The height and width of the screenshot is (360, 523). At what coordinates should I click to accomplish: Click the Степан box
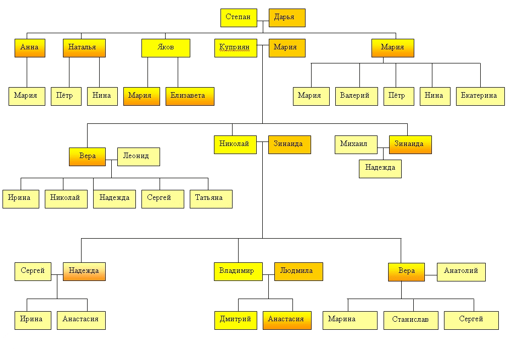[239, 18]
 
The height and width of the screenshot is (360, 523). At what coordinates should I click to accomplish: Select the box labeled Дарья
[286, 18]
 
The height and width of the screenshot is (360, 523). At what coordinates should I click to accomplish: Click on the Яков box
[166, 48]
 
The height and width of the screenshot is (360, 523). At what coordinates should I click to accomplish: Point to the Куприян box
[235, 48]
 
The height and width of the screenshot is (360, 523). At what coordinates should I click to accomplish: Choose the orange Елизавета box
[189, 96]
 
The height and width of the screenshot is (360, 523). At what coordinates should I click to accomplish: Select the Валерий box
[356, 96]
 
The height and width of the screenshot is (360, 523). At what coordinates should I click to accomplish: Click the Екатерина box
[480, 96]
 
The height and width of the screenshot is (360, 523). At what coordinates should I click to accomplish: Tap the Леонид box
[138, 157]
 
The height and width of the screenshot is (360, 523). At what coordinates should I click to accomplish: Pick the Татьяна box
[211, 198]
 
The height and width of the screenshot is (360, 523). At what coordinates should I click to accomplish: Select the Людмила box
[298, 271]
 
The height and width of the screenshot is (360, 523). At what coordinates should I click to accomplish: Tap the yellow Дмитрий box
[235, 320]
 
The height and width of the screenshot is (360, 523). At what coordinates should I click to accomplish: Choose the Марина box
[350, 320]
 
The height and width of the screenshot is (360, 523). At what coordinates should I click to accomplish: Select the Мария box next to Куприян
[286, 48]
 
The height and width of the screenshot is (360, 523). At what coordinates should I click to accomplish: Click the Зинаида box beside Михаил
[410, 145]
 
